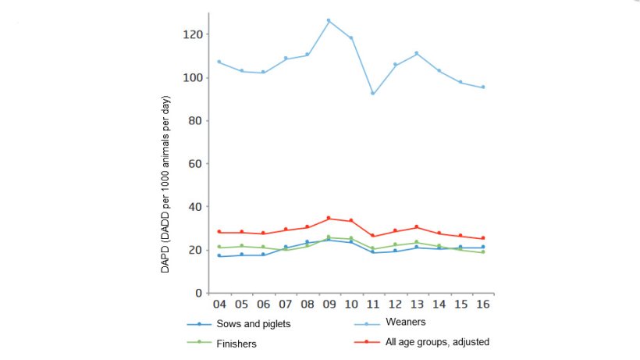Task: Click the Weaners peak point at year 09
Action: pos(329,20)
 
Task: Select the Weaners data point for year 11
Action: pos(372,94)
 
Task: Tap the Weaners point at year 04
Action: pos(219,62)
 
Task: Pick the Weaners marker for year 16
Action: pos(482,87)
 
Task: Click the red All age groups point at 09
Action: pos(329,218)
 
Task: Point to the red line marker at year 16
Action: pos(482,238)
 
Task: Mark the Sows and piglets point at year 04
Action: pos(219,255)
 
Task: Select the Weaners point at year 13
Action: pos(417,53)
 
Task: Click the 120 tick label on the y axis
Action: pos(192,34)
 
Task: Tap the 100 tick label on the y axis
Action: pos(192,78)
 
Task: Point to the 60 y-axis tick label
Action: pos(195,164)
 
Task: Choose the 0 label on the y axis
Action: pos(198,293)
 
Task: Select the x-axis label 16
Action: pos(482,305)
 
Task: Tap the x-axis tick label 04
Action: pos(219,305)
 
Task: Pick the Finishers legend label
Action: pos(236,343)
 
